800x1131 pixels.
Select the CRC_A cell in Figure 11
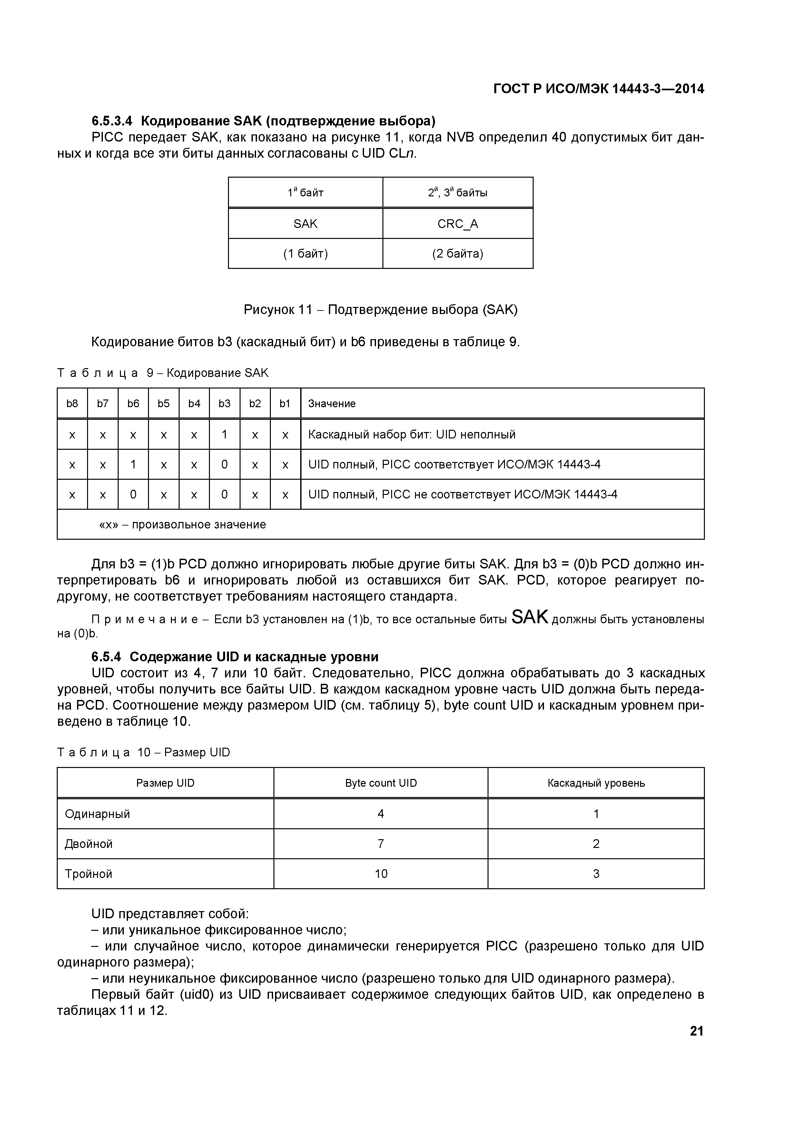point(458,224)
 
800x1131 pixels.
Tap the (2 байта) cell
point(458,254)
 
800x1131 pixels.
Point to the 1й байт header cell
point(305,192)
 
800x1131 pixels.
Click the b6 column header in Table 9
point(133,403)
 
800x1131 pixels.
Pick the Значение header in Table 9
point(331,403)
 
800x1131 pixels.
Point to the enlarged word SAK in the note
point(530,617)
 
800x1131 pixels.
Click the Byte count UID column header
point(381,783)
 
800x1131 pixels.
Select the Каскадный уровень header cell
point(596,783)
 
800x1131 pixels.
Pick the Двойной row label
point(89,844)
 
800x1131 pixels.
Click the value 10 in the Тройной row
point(381,874)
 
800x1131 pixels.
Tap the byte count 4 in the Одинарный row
point(381,814)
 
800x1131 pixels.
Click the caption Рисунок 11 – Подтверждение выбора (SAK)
point(381,310)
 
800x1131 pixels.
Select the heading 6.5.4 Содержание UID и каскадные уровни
point(235,657)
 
